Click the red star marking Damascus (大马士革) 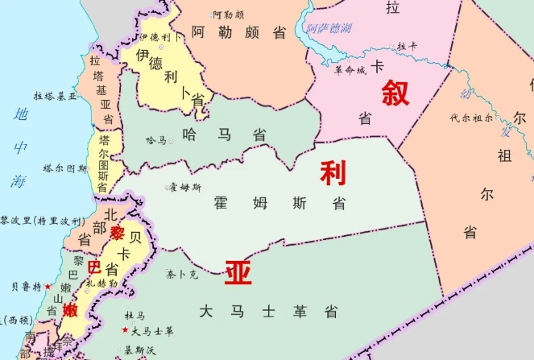click(x=125, y=331)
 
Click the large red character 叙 click(x=395, y=93)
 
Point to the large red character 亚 click(x=238, y=273)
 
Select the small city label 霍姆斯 click(x=186, y=188)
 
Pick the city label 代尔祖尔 click(x=472, y=118)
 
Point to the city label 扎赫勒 click(x=102, y=283)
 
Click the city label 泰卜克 click(x=182, y=275)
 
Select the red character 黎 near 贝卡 click(x=118, y=233)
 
